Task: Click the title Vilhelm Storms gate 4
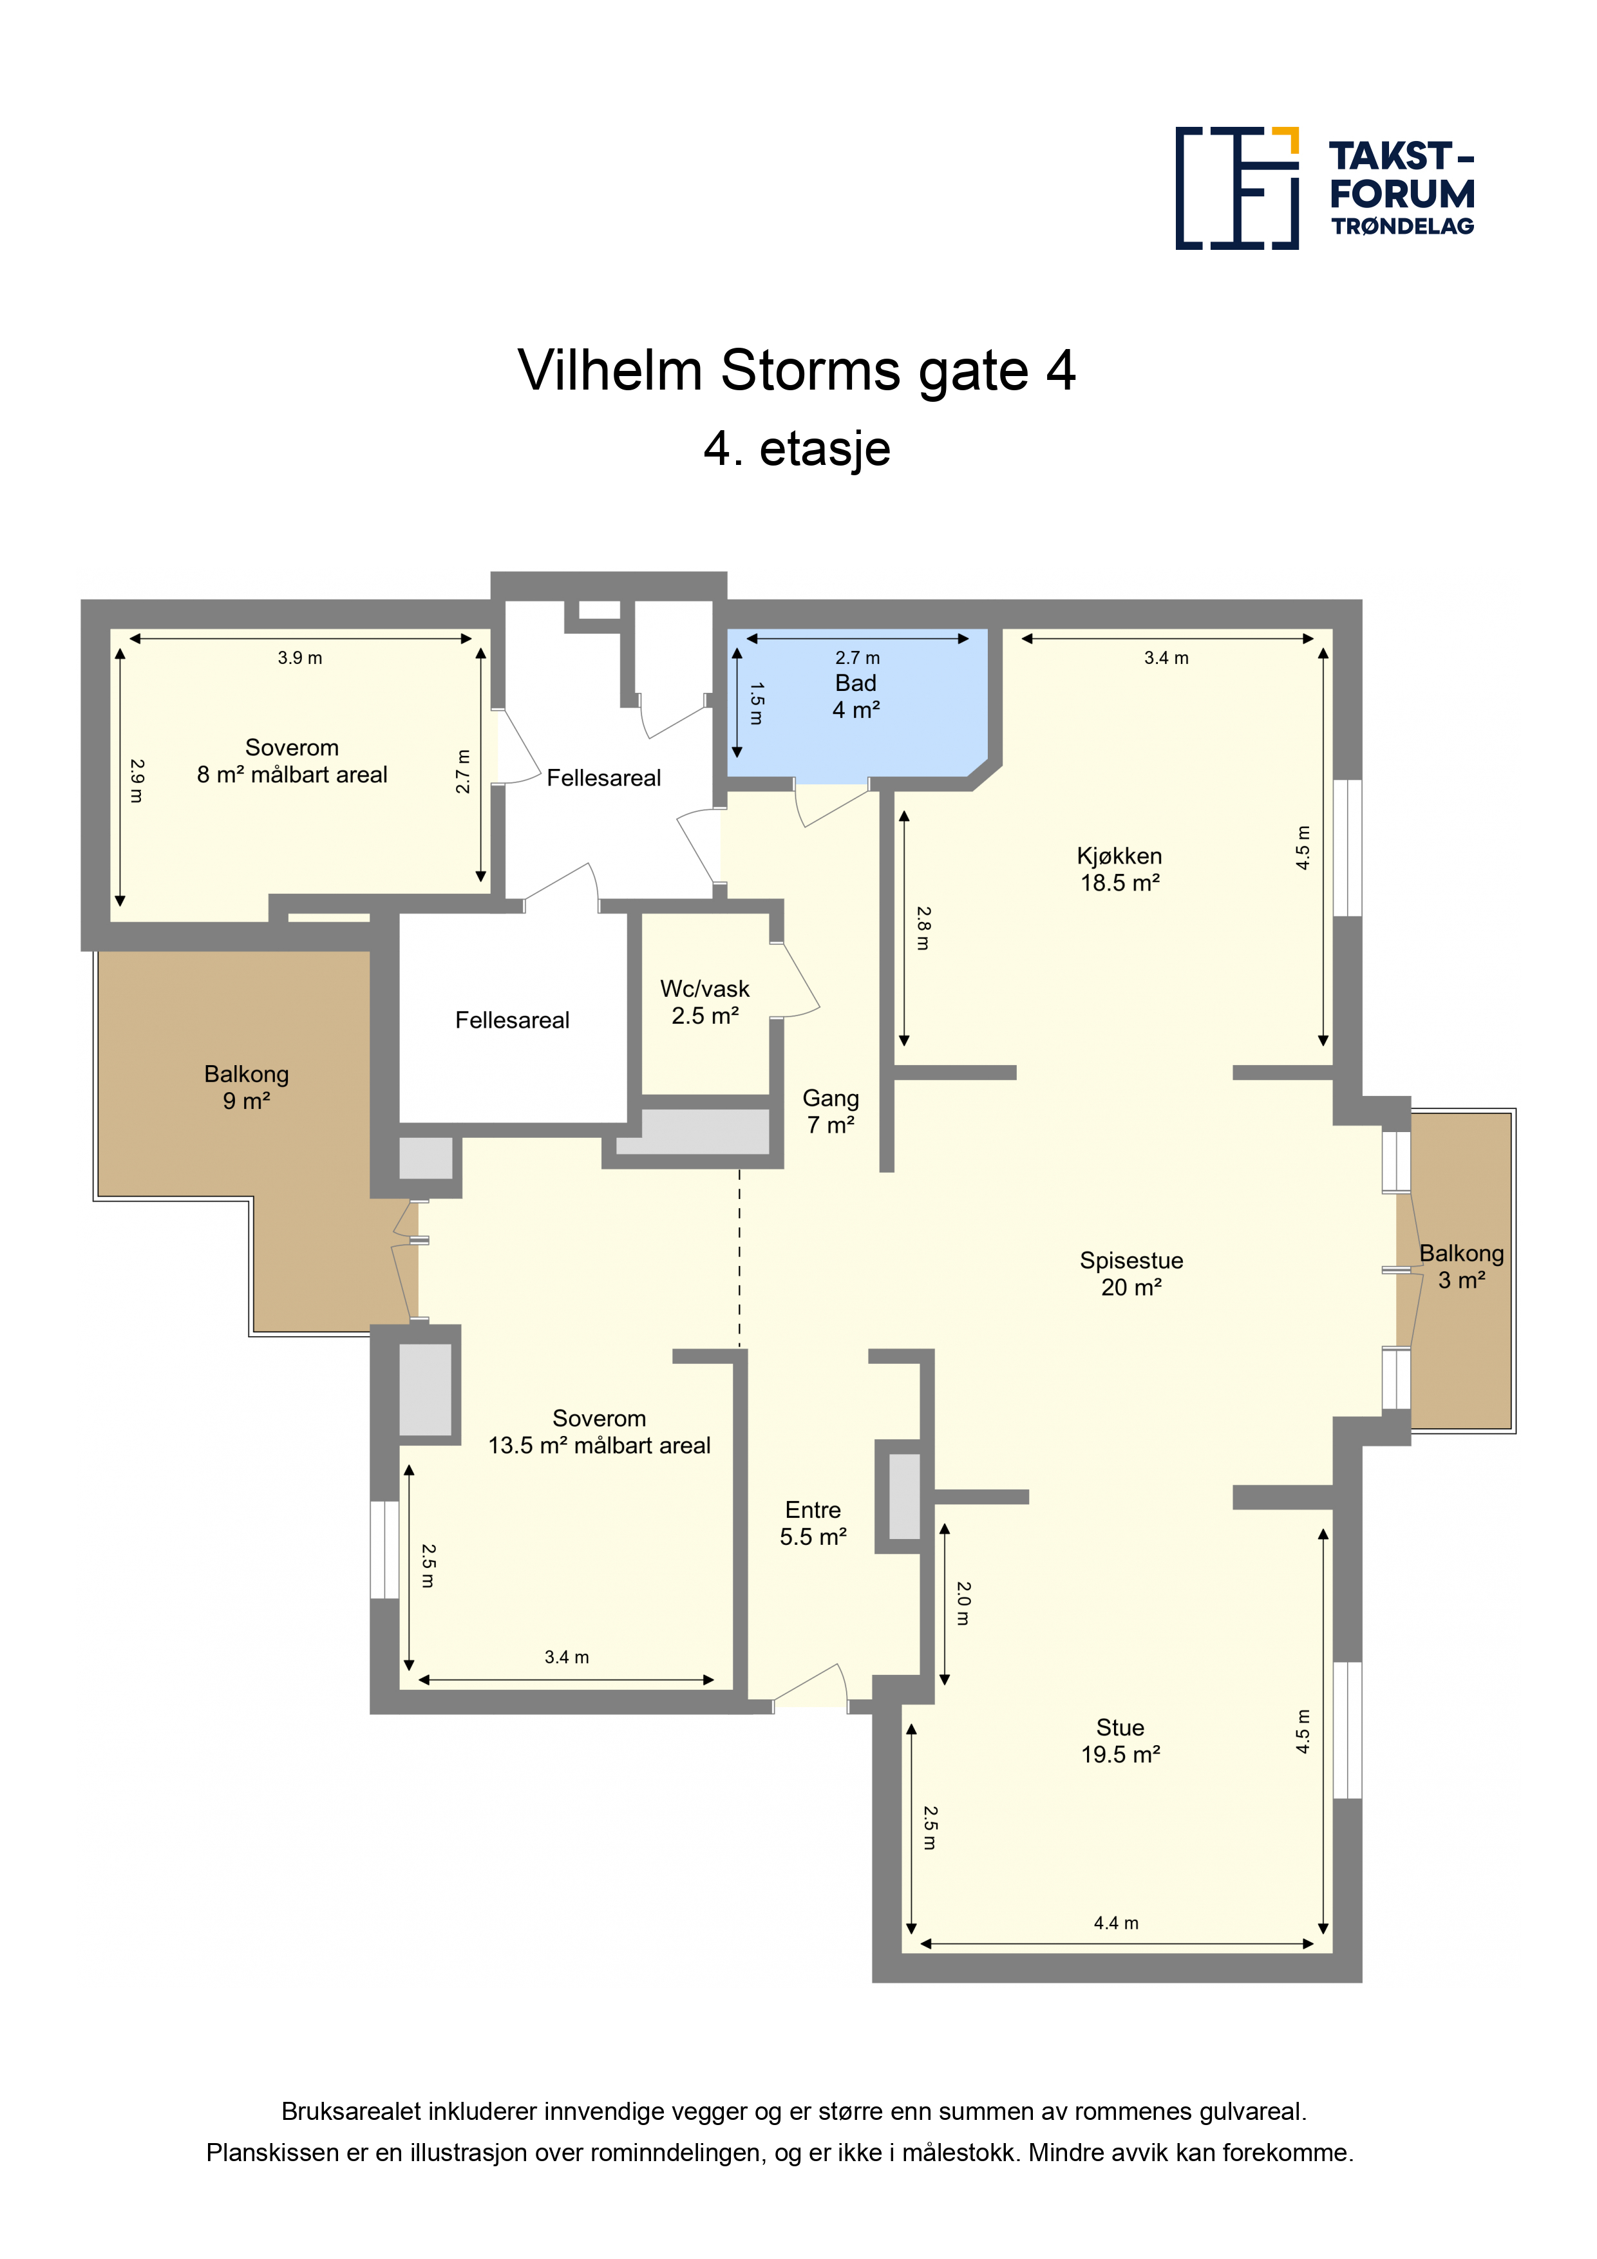[797, 371]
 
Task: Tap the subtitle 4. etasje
[797, 449]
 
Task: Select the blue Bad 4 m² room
[858, 704]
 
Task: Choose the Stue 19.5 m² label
[1120, 1741]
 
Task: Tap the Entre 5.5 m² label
[814, 1523]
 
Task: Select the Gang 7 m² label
[831, 1111]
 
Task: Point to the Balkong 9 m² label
[247, 1087]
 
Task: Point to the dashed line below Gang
[740, 1258]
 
